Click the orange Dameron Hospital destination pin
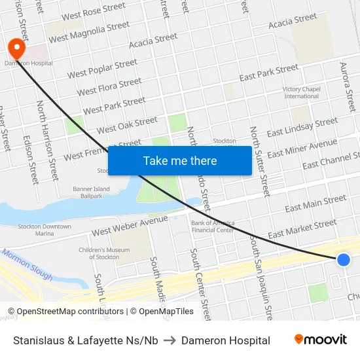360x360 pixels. coord(15,48)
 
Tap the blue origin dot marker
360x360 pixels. coord(343,260)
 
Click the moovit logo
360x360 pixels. coord(321,340)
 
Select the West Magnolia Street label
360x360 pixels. coord(89,32)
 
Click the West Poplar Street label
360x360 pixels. coord(102,69)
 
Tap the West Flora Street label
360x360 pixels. coord(109,86)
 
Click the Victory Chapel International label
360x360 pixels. coord(301,93)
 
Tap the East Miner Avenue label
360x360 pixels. coord(302,149)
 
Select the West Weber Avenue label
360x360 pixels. coord(130,226)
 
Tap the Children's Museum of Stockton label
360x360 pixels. coord(99,253)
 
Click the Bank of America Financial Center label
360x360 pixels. coord(212,226)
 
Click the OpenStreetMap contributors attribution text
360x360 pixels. coord(65,312)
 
